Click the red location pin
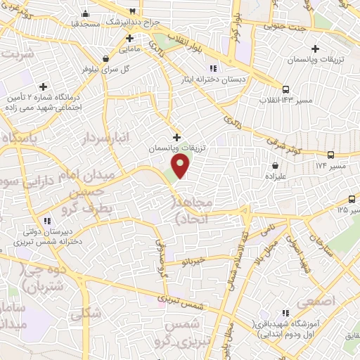tap(181, 167)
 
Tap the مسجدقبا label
tap(86, 23)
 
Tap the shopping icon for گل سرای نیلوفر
tap(105, 59)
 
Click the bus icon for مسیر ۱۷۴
tap(331, 155)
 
